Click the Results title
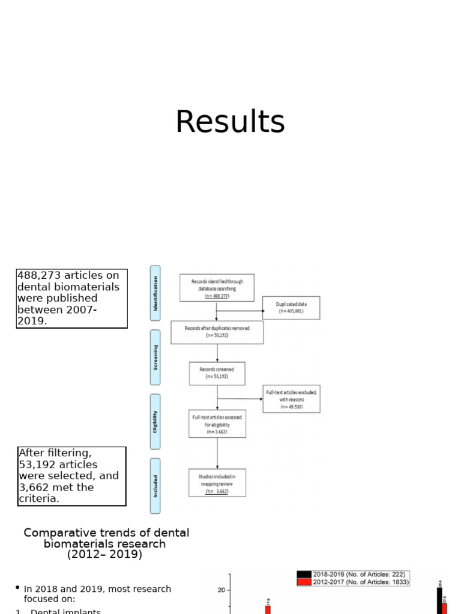tap(230, 122)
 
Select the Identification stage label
tap(155, 293)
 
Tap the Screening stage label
tap(155, 357)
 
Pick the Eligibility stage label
tap(155, 422)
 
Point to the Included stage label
tap(155, 486)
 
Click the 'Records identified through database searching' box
tap(217, 288)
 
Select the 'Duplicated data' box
tap(291, 308)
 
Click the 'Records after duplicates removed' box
tap(217, 332)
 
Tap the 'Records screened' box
tap(217, 373)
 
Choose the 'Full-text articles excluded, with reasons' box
tap(291, 399)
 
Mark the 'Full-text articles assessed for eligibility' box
tap(217, 424)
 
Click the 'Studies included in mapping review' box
tap(217, 483)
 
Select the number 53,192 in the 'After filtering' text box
tap(39, 465)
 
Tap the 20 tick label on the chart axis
tap(221, 590)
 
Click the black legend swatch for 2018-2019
tap(304, 574)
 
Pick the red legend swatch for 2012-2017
tap(304, 582)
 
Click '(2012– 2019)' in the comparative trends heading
tap(105, 555)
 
